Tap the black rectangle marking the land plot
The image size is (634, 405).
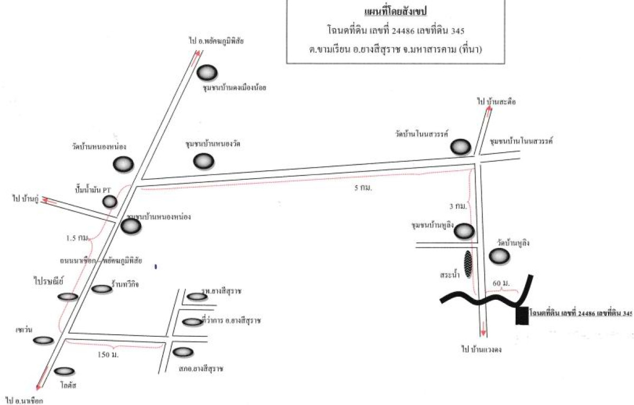(x=521, y=316)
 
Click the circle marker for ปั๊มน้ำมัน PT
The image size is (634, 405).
(x=109, y=201)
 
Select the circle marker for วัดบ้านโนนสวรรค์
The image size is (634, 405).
(x=460, y=147)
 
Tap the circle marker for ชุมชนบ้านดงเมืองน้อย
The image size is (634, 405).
(x=207, y=72)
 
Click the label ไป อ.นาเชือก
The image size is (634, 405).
(x=24, y=400)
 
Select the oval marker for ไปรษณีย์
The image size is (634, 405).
(x=68, y=297)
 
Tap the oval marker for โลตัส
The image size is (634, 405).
(x=63, y=372)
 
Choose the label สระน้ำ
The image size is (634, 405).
(x=447, y=275)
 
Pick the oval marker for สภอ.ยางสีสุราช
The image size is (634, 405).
(x=183, y=352)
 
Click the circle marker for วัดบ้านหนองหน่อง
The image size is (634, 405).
(x=123, y=164)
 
